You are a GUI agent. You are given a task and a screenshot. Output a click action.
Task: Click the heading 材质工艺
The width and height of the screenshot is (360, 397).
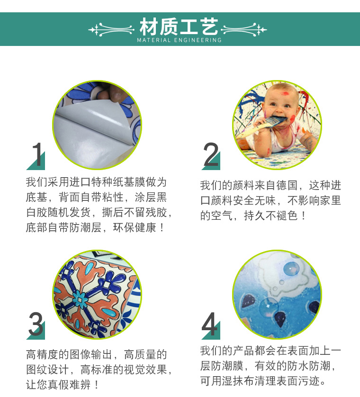pos(179,27)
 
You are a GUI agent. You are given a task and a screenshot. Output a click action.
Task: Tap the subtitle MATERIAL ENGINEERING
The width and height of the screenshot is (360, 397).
pos(179,40)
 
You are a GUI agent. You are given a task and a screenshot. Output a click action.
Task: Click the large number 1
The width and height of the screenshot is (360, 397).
pos(37,154)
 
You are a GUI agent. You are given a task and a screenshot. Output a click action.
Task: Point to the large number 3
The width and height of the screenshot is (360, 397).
pos(36,324)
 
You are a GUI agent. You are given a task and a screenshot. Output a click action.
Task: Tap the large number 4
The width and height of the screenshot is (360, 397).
pos(210,324)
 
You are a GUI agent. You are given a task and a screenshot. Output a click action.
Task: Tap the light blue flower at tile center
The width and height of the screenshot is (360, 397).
pos(80,300)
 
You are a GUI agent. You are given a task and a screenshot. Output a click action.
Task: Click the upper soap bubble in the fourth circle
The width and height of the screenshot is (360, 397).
pos(291,269)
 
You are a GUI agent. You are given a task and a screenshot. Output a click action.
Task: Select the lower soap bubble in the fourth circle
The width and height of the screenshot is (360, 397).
pos(269,307)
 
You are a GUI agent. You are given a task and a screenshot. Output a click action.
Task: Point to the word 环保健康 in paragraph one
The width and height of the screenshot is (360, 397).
pos(135,227)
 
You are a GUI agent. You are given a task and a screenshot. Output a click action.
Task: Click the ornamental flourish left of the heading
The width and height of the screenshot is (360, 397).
pos(111,29)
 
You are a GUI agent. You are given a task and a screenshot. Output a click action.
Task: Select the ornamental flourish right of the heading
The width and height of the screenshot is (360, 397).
pos(244,29)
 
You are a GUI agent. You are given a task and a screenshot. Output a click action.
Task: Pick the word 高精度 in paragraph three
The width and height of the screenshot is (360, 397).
pos(42,354)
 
